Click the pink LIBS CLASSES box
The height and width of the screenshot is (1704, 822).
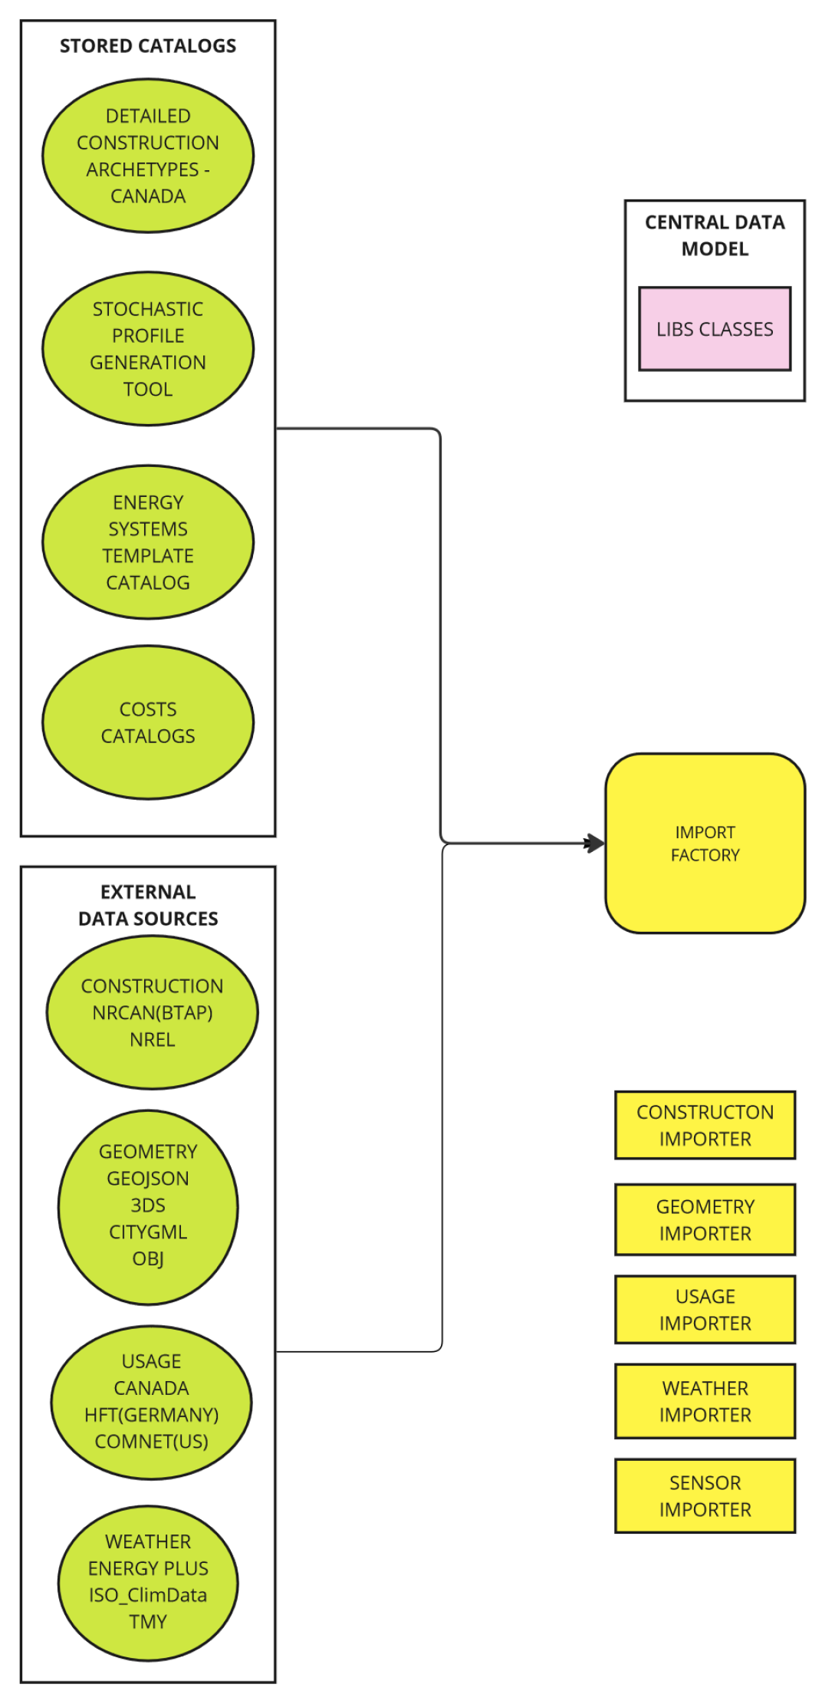pyautogui.click(x=714, y=329)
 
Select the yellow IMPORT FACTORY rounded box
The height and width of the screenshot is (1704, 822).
pyautogui.click(x=705, y=843)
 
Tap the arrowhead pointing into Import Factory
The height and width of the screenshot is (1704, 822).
pyautogui.click(x=595, y=844)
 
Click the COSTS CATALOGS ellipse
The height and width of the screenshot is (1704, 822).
pyautogui.click(x=148, y=722)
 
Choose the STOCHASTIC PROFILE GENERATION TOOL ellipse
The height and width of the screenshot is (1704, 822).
pyautogui.click(x=148, y=349)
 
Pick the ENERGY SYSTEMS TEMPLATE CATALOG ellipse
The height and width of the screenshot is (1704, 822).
pyautogui.click(x=148, y=542)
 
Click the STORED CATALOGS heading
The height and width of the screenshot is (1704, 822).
pyautogui.click(x=148, y=46)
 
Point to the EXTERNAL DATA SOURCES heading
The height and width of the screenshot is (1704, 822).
pyautogui.click(x=148, y=905)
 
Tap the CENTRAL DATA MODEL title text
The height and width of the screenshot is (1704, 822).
pyautogui.click(x=714, y=235)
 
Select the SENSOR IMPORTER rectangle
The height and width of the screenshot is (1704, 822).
pyautogui.click(x=705, y=1495)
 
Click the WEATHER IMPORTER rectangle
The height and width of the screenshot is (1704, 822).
pyautogui.click(x=705, y=1401)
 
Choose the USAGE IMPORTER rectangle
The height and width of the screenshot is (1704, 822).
pyautogui.click(x=705, y=1309)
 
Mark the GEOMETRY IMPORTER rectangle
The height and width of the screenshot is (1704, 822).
pyautogui.click(x=705, y=1219)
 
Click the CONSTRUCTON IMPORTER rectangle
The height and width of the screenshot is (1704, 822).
pyautogui.click(x=705, y=1125)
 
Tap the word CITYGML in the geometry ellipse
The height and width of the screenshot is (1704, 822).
pyautogui.click(x=148, y=1232)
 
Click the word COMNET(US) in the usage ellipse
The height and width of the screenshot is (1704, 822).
pyautogui.click(x=151, y=1441)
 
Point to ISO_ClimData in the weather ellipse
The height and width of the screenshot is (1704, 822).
pyautogui.click(x=148, y=1594)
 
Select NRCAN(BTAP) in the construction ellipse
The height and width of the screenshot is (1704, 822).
pyautogui.click(x=152, y=1012)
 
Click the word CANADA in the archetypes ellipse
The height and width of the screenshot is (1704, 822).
pyautogui.click(x=148, y=196)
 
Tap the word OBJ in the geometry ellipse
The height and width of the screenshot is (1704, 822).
pyautogui.click(x=148, y=1258)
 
